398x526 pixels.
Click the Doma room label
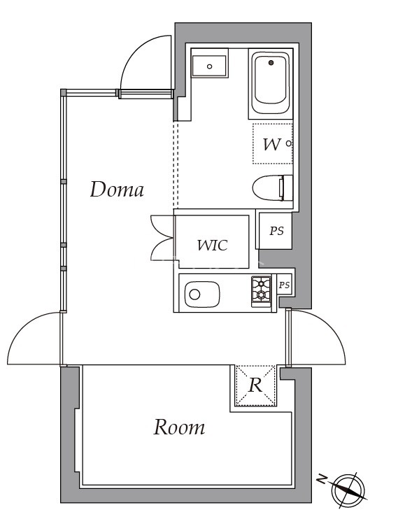tap(117, 189)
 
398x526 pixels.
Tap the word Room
tap(179, 427)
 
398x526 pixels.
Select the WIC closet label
tap(212, 246)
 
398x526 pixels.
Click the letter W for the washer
tap(271, 144)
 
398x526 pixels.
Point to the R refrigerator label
tap(255, 385)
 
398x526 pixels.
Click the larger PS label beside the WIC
tap(276, 231)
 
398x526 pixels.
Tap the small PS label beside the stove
tap(284, 285)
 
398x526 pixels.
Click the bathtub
tap(271, 84)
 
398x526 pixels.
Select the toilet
tap(273, 188)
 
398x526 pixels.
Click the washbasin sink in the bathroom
tap(209, 66)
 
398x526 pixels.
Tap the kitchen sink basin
tap(202, 294)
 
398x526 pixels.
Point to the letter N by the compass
tap(322, 479)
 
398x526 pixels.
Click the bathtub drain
tap(271, 62)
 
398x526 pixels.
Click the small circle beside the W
tap(288, 144)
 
